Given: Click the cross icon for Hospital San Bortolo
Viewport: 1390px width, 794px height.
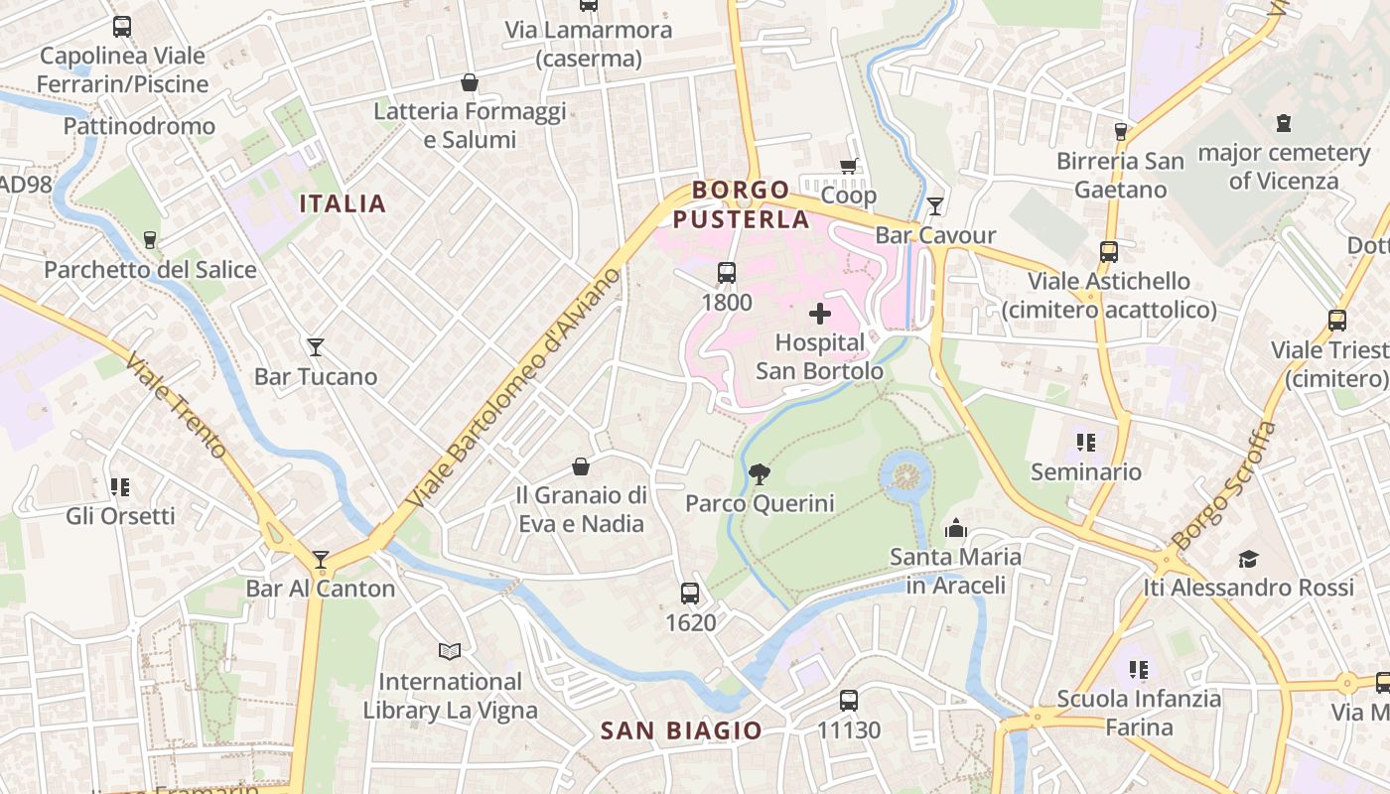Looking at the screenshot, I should point(819,315).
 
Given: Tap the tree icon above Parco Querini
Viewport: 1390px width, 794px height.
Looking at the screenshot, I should point(760,474).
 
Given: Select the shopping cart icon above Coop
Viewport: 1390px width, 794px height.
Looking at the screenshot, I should point(848,167).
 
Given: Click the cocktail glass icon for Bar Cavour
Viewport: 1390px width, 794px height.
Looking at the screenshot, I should point(934,206).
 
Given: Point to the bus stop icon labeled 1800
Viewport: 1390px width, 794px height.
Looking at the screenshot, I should point(727,273).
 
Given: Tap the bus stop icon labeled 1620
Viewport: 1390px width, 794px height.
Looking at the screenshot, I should point(690,594).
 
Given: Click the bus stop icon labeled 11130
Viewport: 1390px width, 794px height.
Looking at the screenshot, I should point(848,701).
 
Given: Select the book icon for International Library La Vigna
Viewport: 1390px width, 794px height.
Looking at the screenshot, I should point(450,652).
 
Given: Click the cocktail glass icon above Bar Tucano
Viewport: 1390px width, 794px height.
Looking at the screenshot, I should point(316,347).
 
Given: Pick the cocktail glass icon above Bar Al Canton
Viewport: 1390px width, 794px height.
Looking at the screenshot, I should point(321,560).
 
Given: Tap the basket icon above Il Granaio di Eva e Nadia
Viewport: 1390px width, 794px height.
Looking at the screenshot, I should point(581,466).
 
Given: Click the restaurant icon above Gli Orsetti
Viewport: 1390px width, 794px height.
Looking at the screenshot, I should point(120,487).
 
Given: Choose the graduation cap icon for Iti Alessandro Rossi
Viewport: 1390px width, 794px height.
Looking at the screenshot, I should point(1248,559).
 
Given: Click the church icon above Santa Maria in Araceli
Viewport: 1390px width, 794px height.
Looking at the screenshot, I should point(956,528).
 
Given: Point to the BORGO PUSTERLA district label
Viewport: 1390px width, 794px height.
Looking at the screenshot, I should point(742,204).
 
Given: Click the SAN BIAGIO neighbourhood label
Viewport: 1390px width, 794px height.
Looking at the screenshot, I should point(681,731).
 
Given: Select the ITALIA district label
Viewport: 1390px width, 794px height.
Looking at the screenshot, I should point(343,204).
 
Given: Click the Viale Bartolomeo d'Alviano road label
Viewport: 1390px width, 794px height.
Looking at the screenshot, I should point(515,388).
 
